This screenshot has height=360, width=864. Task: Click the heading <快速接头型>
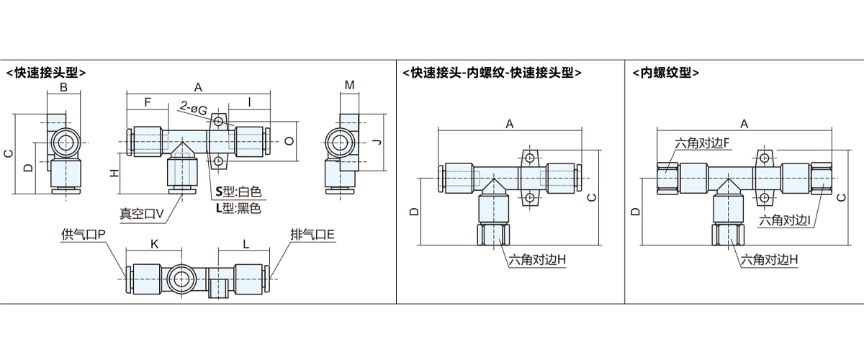(x=46, y=72)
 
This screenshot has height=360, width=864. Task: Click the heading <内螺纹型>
(x=666, y=72)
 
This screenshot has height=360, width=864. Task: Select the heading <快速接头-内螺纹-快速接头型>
(x=493, y=72)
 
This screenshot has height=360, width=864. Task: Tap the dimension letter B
(x=63, y=88)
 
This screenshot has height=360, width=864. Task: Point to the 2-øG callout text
(x=194, y=109)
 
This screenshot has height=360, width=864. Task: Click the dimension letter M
(x=349, y=86)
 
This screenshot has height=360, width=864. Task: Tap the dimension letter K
(x=154, y=245)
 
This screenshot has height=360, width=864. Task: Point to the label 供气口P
(x=84, y=234)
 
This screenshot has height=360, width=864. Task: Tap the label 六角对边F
(x=703, y=143)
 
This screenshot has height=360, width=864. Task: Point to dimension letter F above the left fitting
(x=147, y=102)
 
